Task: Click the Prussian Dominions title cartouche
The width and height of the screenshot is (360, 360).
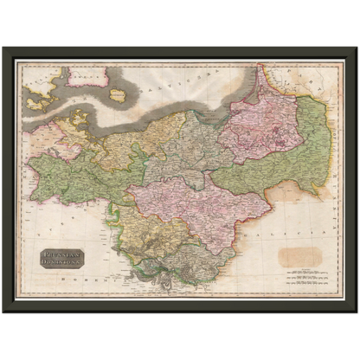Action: pos(62,259)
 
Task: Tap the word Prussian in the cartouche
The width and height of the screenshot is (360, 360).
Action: pos(62,254)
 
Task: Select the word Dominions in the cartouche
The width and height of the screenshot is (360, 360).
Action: pos(62,263)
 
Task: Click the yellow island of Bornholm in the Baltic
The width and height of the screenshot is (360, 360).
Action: pos(119,96)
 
